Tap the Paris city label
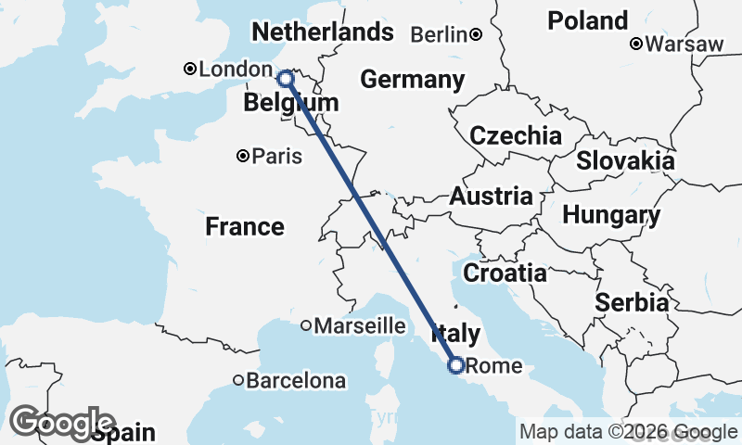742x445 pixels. [276, 157]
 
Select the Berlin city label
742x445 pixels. [438, 35]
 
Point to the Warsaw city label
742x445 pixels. [684, 44]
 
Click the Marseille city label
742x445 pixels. [360, 325]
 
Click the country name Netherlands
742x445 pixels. [323, 32]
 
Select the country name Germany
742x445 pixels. [412, 80]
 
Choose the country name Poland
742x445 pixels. [587, 20]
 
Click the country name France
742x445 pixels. [245, 226]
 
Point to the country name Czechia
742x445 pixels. [516, 136]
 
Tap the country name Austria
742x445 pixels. [491, 197]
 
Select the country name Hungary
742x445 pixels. [611, 216]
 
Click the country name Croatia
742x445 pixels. [505, 273]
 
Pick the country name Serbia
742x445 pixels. [633, 302]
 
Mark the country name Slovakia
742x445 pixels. [625, 160]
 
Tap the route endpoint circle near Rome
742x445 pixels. [455, 365]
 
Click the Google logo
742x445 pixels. [62, 422]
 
